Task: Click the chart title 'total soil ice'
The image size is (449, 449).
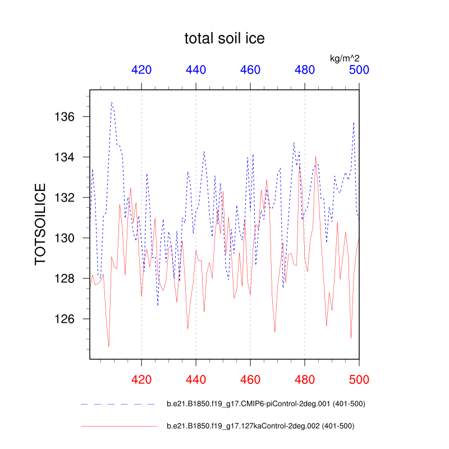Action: [224, 39]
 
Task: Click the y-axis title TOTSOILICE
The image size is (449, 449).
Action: [41, 223]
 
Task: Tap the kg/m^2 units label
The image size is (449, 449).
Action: [345, 58]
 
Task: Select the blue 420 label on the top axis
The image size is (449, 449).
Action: [141, 70]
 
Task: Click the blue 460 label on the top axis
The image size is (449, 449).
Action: [250, 70]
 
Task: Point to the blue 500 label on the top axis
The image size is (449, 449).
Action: [359, 70]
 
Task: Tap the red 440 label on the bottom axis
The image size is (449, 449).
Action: [196, 379]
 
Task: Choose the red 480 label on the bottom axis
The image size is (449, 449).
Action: [305, 379]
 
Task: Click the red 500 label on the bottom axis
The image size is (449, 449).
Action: [359, 379]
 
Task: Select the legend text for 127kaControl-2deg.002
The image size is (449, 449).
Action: [261, 426]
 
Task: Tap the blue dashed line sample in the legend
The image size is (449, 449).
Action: [118, 404]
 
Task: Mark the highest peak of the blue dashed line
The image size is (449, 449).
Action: [112, 103]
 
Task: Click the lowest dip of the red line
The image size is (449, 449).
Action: [109, 346]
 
